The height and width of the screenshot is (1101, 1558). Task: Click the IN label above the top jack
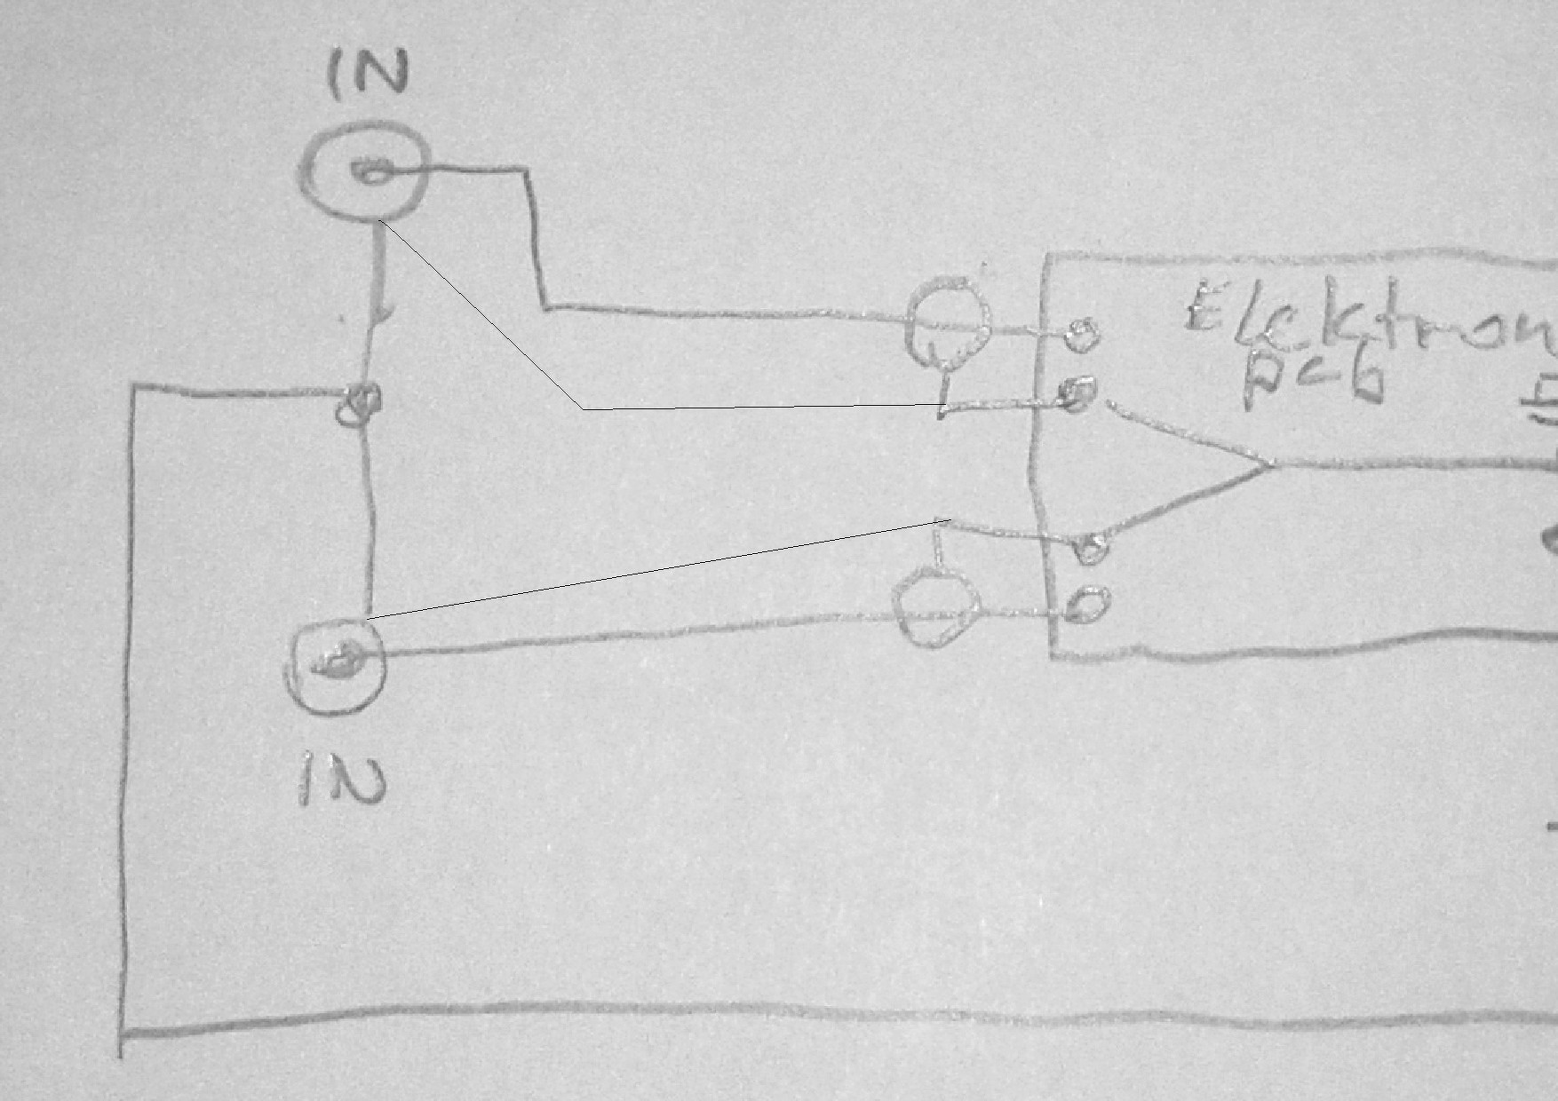click(x=368, y=73)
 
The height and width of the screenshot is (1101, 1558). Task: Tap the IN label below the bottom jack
click(x=341, y=779)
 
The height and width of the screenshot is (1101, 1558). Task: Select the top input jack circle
click(x=365, y=171)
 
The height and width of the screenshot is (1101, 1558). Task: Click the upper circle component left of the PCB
click(x=948, y=323)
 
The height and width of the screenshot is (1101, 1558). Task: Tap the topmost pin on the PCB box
click(x=1079, y=332)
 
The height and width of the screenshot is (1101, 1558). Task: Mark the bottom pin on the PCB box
click(x=1087, y=606)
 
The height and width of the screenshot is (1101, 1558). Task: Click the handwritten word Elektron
click(x=1368, y=320)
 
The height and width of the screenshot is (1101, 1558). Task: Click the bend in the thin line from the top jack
click(x=583, y=409)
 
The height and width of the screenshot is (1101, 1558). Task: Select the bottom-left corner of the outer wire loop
click(x=123, y=1032)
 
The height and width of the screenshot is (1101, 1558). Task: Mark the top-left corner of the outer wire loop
click(x=134, y=387)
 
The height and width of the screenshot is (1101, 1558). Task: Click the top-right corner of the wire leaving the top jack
click(x=529, y=169)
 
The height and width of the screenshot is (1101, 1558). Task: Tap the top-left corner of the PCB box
click(x=1048, y=257)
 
